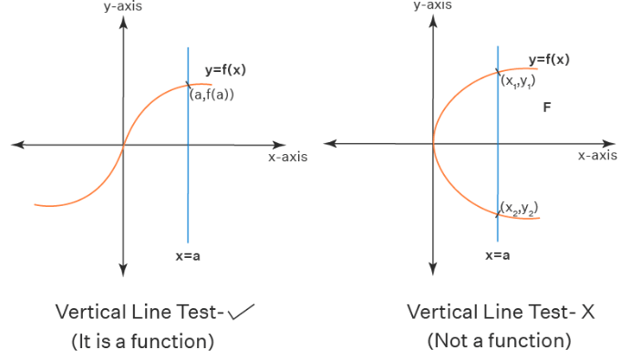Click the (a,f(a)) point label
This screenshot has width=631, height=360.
click(x=212, y=95)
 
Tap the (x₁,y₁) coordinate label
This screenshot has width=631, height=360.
click(x=518, y=82)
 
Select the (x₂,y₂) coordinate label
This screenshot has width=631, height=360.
click(x=519, y=209)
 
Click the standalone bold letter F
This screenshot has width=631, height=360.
click(x=547, y=108)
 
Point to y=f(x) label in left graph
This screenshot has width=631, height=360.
click(x=225, y=70)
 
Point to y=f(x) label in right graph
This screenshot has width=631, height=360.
click(x=549, y=59)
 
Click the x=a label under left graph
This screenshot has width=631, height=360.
click(x=188, y=256)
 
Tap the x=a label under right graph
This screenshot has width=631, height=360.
click(x=498, y=255)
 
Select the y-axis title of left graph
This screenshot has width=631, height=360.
click(x=123, y=7)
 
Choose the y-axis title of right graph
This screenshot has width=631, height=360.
click(x=432, y=5)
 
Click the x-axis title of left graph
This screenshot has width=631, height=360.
click(x=288, y=157)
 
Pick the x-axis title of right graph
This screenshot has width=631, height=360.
click(x=597, y=155)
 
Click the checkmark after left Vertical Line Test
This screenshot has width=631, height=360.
click(x=241, y=313)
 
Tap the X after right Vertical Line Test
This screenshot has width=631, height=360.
click(x=587, y=312)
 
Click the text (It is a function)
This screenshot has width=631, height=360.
click(x=143, y=342)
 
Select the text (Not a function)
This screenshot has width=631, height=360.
click(x=499, y=341)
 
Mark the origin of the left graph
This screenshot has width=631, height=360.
click(x=123, y=145)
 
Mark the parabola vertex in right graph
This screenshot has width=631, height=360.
click(x=433, y=143)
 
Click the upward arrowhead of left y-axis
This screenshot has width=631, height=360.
click(x=123, y=22)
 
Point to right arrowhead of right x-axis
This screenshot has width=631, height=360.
click(x=609, y=144)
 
